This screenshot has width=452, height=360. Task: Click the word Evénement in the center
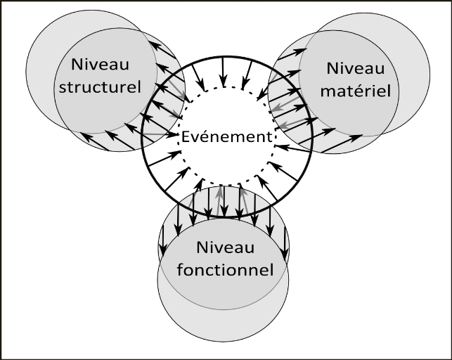[x=225, y=136]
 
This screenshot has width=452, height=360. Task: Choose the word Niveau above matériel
[x=356, y=69]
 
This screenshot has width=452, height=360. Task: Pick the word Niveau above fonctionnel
[x=224, y=248]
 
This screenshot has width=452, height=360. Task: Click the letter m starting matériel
[x=328, y=91]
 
